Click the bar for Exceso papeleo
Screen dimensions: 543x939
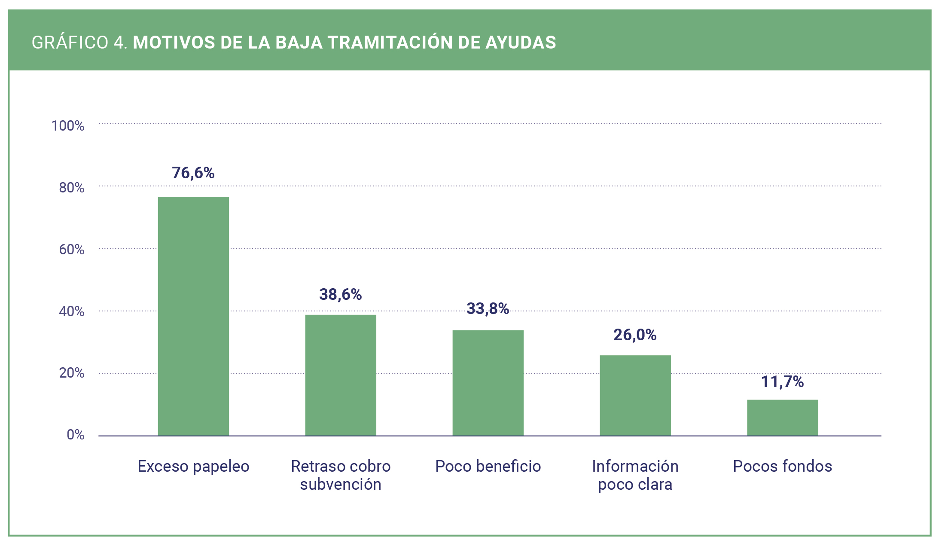193,316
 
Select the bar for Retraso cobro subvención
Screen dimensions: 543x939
341,375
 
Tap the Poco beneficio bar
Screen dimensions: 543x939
488,383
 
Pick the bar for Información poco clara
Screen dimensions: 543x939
635,395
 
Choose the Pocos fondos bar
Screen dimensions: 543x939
782,418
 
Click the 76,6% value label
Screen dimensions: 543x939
193,173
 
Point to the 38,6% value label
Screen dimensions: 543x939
341,294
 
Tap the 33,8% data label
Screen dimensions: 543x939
488,308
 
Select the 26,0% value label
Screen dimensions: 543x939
635,335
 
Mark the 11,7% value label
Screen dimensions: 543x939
782,381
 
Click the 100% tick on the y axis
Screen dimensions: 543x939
68,126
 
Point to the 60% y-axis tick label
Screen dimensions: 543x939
72,250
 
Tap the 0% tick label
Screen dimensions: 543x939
76,435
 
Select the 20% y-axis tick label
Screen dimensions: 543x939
72,373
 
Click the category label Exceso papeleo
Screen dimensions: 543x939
193,466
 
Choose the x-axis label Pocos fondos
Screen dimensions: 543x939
782,466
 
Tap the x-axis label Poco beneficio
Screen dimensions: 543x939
488,466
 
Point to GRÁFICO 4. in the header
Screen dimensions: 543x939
80,43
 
